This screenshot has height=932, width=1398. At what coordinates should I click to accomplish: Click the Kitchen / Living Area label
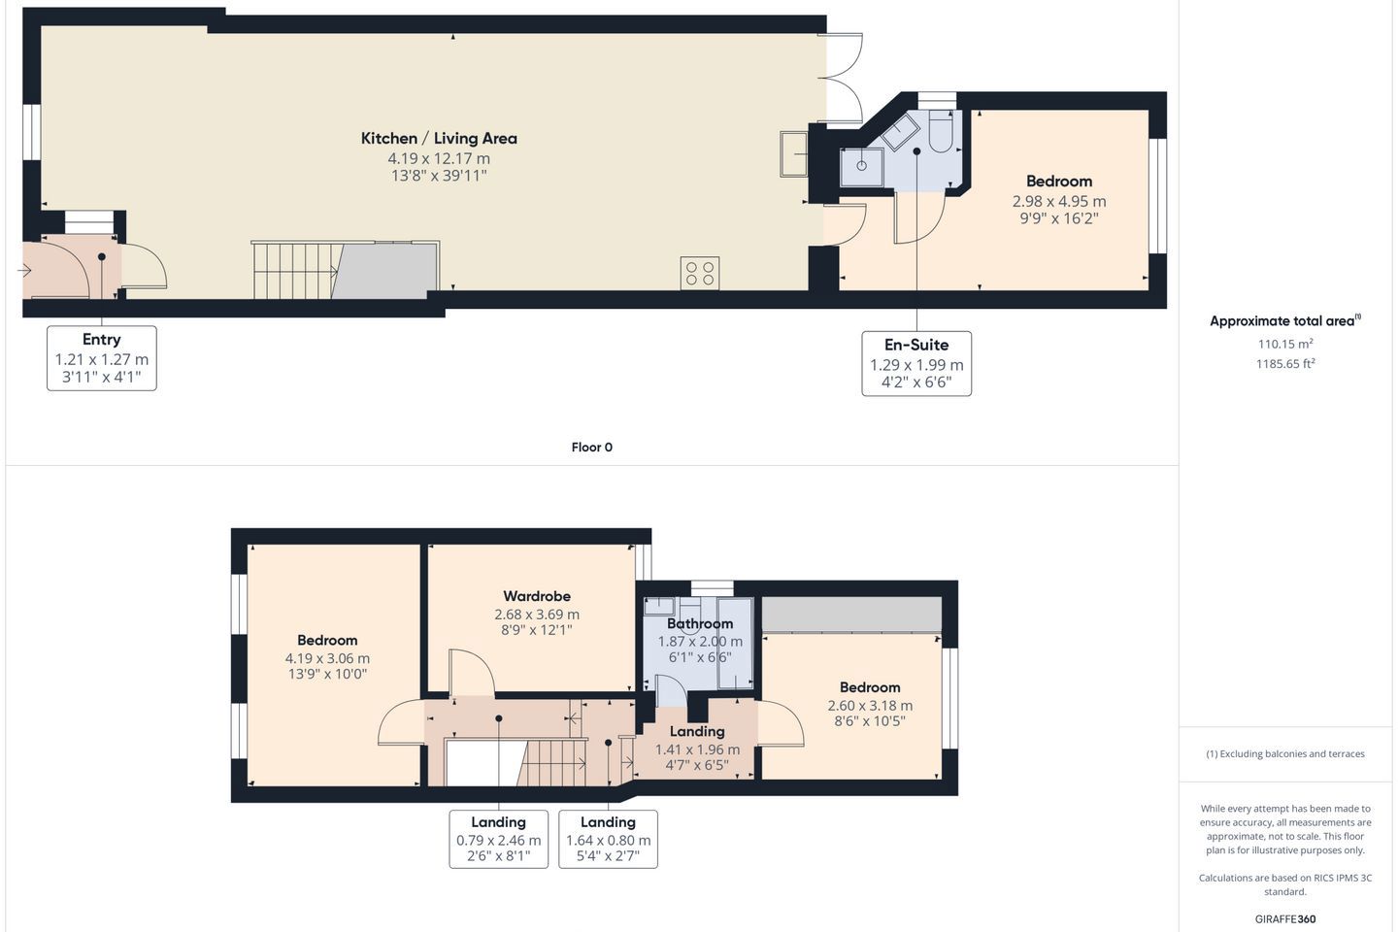[439, 138]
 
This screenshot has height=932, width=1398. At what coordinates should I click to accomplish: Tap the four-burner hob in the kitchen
[700, 274]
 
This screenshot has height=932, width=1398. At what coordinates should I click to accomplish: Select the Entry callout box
[102, 358]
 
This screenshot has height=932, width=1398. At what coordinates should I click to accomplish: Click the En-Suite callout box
[916, 363]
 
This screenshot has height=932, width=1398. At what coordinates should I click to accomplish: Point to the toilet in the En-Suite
[940, 132]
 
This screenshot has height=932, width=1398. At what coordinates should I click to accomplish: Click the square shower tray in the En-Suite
[861, 167]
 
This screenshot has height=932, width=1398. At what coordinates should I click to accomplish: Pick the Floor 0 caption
[591, 447]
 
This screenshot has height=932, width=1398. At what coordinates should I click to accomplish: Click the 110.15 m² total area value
[1285, 344]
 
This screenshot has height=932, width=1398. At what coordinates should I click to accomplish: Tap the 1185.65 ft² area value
[1285, 363]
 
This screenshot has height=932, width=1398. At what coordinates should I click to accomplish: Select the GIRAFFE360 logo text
[1285, 918]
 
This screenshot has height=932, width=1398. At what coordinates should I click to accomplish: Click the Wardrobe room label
[537, 596]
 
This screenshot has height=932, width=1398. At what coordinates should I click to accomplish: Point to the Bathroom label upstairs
[700, 623]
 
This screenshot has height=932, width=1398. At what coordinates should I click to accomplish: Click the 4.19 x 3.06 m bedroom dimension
[327, 658]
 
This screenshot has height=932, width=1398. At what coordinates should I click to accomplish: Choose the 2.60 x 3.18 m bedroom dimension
[870, 706]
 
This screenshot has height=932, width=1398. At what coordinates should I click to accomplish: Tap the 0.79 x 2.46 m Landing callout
[499, 839]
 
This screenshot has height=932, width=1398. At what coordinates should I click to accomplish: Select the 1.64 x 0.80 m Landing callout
[608, 839]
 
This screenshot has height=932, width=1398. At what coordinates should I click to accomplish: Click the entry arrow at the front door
[24, 270]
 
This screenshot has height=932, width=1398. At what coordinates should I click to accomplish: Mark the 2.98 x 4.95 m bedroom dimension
[1059, 201]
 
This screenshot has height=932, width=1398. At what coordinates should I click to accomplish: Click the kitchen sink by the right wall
[793, 153]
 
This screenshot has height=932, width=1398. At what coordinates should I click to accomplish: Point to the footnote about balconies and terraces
[1285, 753]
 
